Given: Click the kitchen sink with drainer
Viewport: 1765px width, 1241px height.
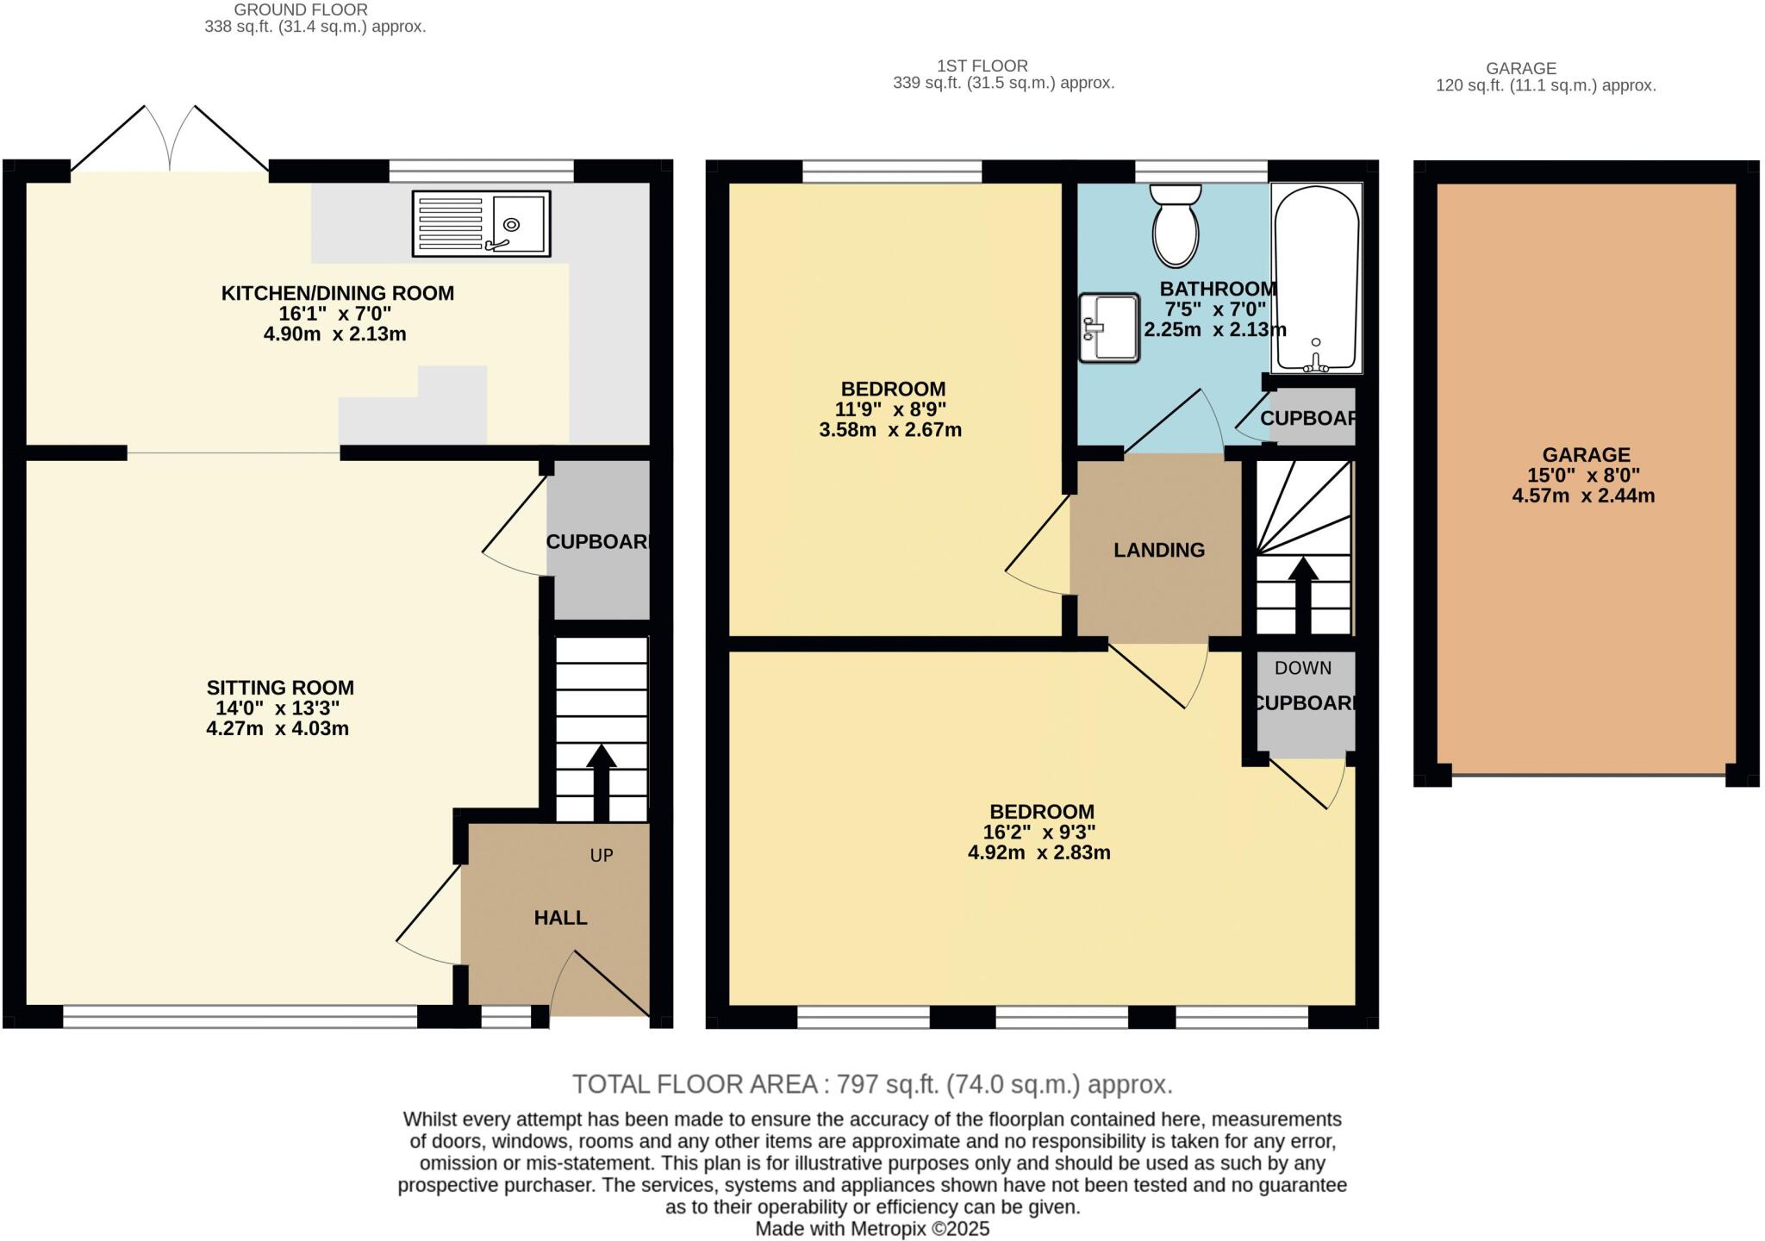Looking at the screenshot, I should pyautogui.click(x=481, y=224).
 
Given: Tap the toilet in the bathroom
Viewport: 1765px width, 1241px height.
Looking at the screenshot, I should pyautogui.click(x=1176, y=226).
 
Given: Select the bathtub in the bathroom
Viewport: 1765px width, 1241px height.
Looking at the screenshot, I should pyautogui.click(x=1316, y=278).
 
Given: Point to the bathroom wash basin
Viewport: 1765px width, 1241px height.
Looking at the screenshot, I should pyautogui.click(x=1108, y=327).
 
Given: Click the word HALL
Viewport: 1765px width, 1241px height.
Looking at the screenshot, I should pyautogui.click(x=560, y=918).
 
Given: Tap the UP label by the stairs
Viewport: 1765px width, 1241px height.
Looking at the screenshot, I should pyautogui.click(x=601, y=855).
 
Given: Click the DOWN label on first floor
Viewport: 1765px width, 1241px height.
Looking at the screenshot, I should pyautogui.click(x=1302, y=668).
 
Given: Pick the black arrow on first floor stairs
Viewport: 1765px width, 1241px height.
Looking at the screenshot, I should pyautogui.click(x=1302, y=595).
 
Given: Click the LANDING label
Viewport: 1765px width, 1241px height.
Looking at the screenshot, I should pyautogui.click(x=1158, y=550).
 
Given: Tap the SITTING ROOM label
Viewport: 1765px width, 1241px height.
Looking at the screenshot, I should pyautogui.click(x=280, y=688).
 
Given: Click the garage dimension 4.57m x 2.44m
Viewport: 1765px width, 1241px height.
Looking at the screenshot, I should pyautogui.click(x=1583, y=496).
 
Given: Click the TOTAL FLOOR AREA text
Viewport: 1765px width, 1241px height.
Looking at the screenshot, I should pyautogui.click(x=872, y=1084).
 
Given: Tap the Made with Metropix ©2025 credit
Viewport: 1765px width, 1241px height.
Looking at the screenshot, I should pyautogui.click(x=872, y=1229).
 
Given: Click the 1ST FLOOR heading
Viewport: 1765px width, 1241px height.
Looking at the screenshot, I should pyautogui.click(x=982, y=65).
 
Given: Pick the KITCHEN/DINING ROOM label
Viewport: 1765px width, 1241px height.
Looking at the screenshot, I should pyautogui.click(x=337, y=293).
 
